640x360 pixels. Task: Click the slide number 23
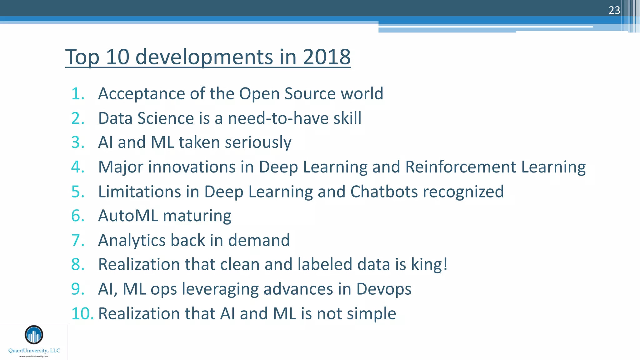(614, 10)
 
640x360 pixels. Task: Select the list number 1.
(78, 94)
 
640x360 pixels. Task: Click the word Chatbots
(384, 191)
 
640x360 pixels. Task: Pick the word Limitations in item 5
(139, 191)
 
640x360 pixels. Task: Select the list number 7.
(78, 240)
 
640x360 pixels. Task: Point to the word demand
(259, 240)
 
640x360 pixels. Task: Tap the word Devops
(383, 289)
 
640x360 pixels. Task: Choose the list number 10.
(82, 313)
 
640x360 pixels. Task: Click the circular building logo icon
(34, 335)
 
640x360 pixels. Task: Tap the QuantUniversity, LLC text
(34, 351)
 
